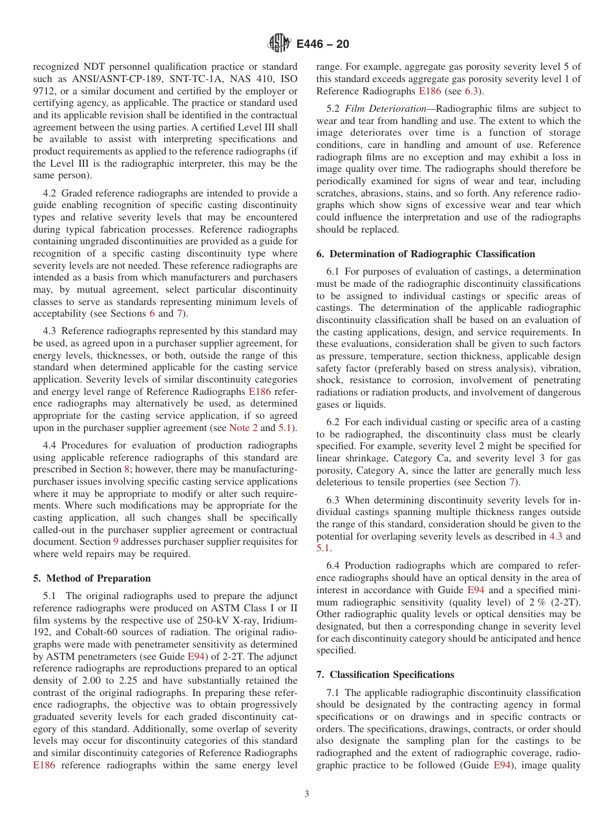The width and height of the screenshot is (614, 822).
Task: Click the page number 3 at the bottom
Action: point(307,794)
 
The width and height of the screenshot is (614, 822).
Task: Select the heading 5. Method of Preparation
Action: point(92,578)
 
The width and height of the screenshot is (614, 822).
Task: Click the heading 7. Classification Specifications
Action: point(385,675)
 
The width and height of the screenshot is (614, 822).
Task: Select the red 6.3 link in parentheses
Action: point(472,90)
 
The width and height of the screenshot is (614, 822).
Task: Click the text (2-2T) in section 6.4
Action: point(566,602)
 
